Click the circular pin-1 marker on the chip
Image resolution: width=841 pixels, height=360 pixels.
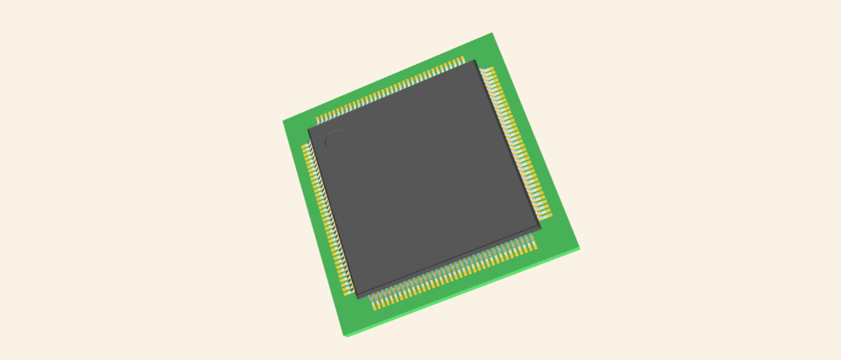[x=335, y=139]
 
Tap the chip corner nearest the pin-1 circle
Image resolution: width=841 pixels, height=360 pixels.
[x=309, y=128]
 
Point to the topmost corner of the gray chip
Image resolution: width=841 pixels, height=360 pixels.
[x=475, y=60]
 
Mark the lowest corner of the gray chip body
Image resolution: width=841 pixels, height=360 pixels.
[x=357, y=296]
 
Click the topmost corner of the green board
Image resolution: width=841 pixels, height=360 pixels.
[x=492, y=33]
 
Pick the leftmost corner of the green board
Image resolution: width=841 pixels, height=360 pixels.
[x=283, y=121]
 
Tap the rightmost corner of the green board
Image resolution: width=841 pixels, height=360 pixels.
[x=580, y=248]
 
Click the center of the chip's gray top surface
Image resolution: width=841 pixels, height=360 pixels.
[x=423, y=178]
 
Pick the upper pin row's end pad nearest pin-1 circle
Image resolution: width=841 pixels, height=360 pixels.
[x=318, y=120]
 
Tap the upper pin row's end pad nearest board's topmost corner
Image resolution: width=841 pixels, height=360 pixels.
[x=462, y=60]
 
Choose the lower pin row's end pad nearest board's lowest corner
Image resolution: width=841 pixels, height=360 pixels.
[x=376, y=306]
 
